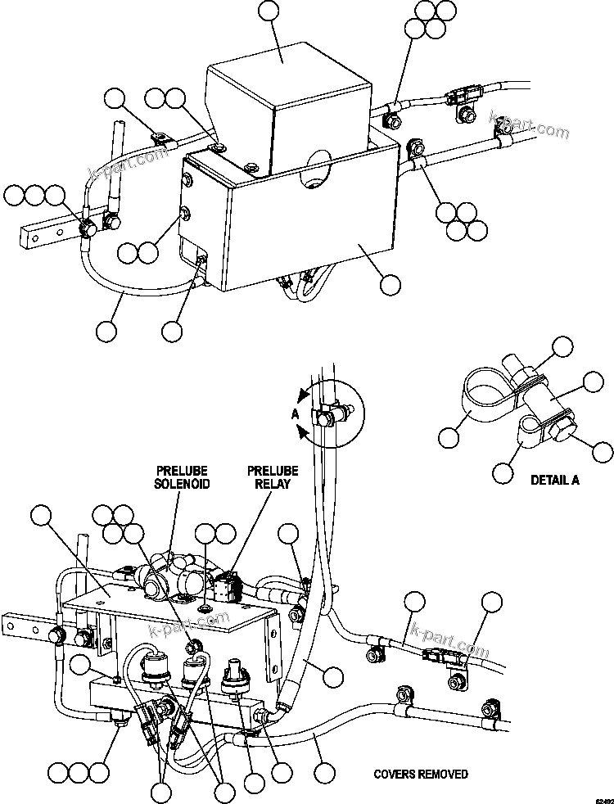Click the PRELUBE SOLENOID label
click(182, 477)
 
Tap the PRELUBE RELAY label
click(273, 477)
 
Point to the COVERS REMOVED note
click(421, 774)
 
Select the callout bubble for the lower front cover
click(391, 284)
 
